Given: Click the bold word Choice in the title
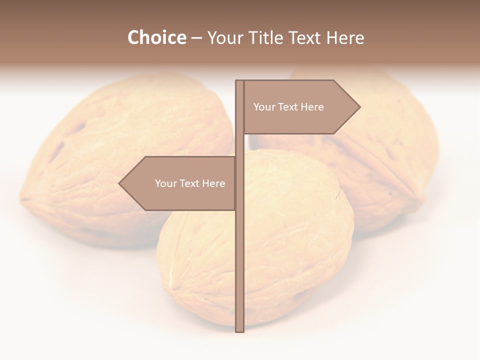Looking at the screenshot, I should tap(156, 37).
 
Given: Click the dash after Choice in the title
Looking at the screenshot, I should tap(196, 38).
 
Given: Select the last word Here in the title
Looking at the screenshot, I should tap(345, 37).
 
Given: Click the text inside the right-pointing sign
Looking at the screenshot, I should tap(288, 107).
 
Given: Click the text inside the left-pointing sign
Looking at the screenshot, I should tap(190, 183).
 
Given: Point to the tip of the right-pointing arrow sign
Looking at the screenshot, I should tap(359, 106).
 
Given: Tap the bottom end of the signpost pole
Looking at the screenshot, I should tap(240, 330).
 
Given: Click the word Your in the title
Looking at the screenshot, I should tap(221, 37).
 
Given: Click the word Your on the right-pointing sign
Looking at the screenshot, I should tap(263, 107).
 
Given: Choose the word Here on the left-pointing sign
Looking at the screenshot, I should tap(213, 183).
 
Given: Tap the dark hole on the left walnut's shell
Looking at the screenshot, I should tap(56, 150).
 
